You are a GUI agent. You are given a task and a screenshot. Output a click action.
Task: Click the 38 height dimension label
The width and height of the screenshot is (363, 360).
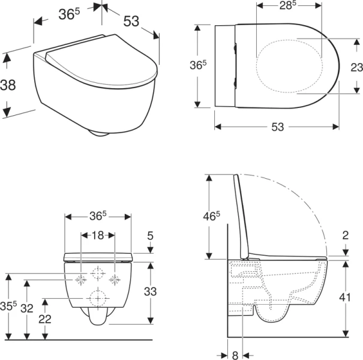click(x=8, y=85)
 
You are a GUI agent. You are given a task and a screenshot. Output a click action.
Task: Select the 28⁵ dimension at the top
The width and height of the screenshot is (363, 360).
click(x=288, y=5)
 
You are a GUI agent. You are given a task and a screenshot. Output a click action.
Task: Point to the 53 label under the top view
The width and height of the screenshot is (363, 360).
click(x=277, y=127)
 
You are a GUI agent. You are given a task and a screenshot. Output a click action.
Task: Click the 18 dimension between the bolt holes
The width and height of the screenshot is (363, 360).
click(x=98, y=235)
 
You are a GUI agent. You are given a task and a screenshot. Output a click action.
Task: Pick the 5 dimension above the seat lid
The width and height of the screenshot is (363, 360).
click(x=150, y=236)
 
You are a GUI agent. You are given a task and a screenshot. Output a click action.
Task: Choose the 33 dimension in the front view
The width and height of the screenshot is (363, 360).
click(x=150, y=292)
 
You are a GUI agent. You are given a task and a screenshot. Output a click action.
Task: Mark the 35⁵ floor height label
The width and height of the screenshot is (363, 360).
click(x=8, y=306)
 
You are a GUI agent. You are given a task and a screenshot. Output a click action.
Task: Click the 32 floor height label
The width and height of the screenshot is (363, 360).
click(x=27, y=308)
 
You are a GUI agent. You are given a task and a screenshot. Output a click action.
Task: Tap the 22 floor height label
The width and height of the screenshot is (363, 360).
click(x=44, y=319)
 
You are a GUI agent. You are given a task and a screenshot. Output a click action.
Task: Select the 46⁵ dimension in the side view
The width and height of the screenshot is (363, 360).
click(x=211, y=216)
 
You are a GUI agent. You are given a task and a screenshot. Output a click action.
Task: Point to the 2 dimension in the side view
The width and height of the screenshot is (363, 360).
click(x=345, y=235)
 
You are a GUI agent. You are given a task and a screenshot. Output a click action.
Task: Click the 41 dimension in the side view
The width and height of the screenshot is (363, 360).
click(x=345, y=297)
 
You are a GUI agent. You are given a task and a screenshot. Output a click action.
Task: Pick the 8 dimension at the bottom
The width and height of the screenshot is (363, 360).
click(x=235, y=355)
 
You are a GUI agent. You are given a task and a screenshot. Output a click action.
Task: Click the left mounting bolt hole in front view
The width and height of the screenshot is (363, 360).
click(x=81, y=280)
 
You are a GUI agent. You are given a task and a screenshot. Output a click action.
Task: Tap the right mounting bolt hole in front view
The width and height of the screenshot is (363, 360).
click(x=115, y=280)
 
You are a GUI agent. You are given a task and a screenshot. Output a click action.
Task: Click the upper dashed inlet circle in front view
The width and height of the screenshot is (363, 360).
click(x=98, y=274)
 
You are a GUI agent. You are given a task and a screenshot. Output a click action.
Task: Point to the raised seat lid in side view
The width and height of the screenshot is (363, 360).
click(x=241, y=217)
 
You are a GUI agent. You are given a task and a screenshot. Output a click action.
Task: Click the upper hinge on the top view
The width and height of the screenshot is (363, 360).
click(x=235, y=49)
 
